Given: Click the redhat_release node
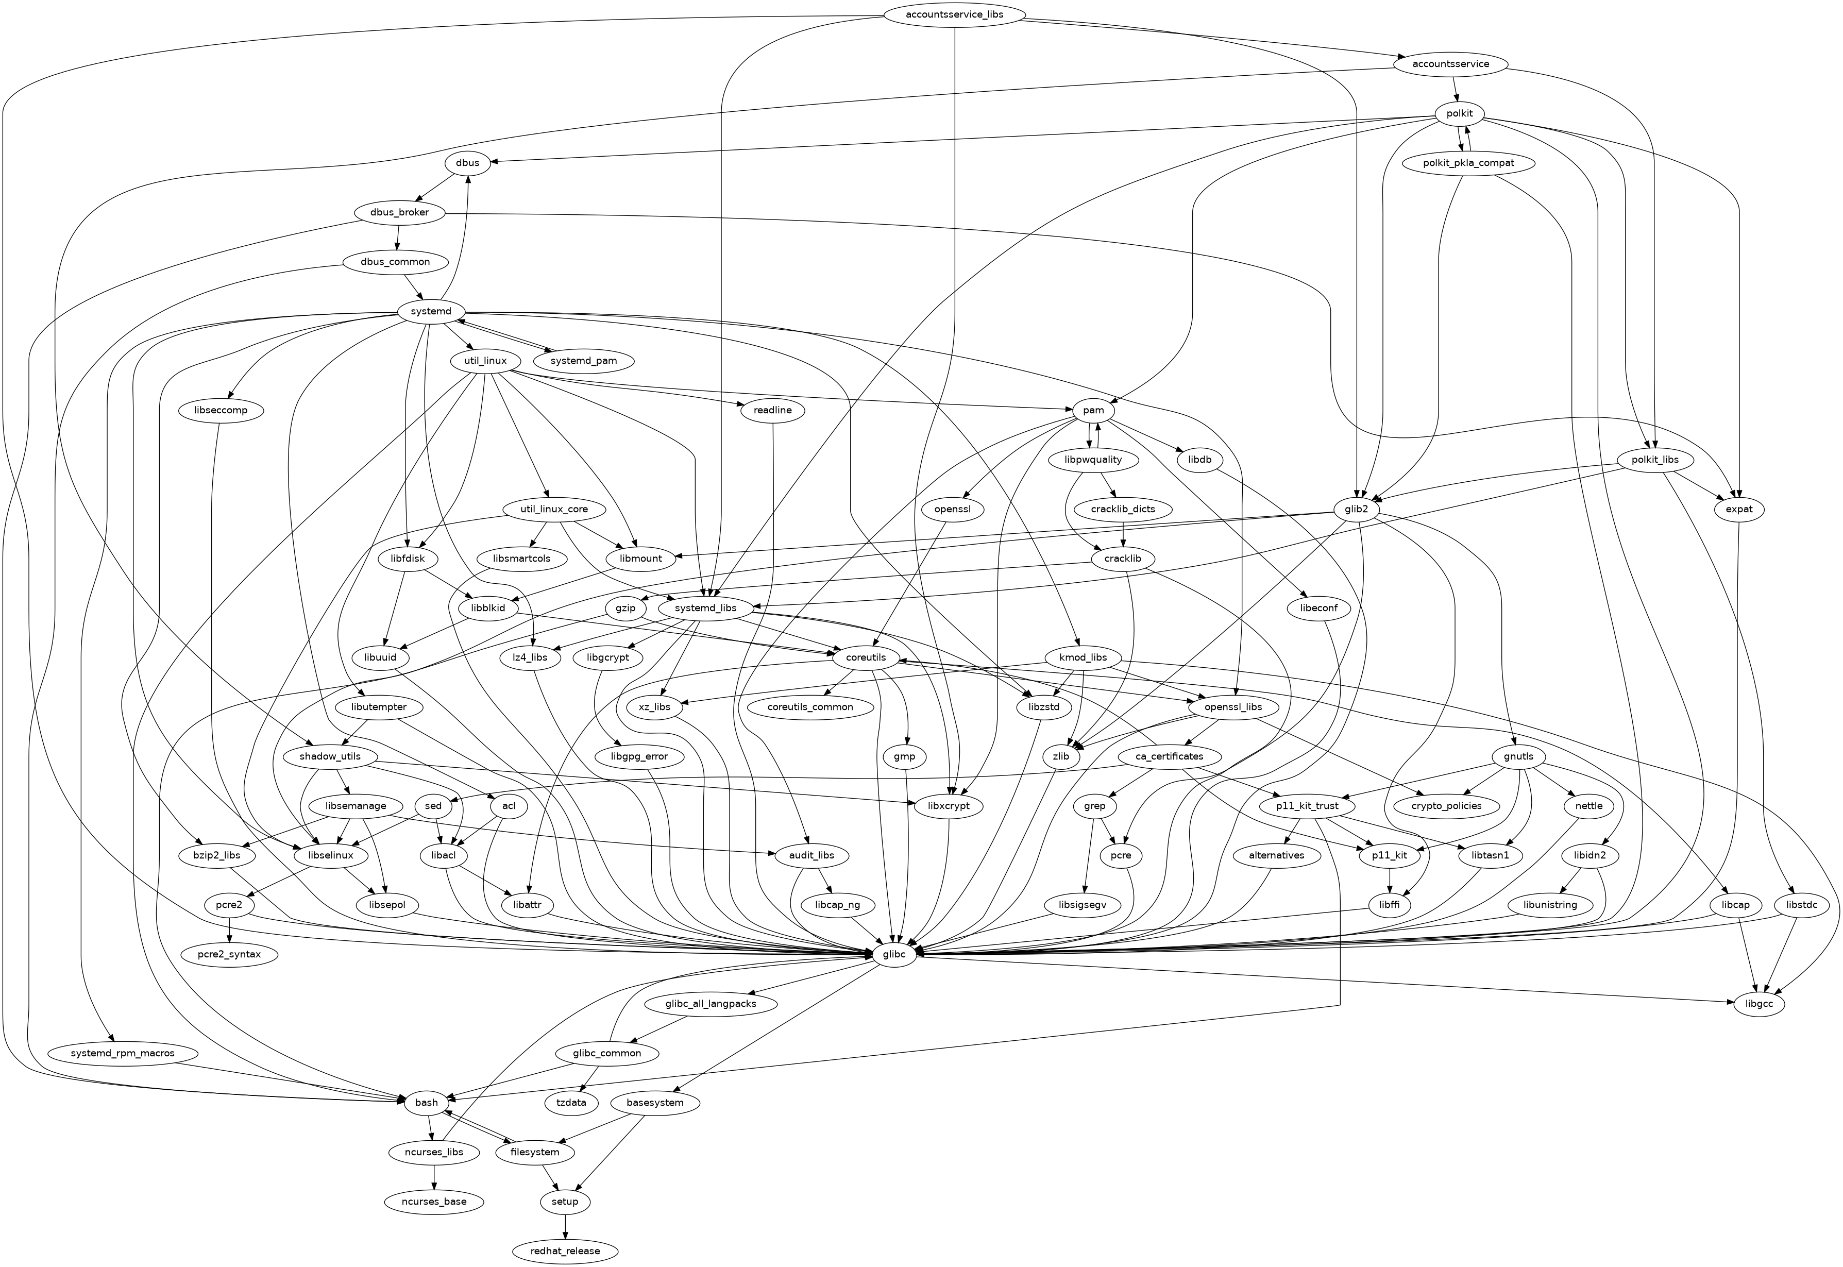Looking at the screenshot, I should point(565,1251).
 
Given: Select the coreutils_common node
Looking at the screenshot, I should point(810,706).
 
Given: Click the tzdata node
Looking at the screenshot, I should point(571,1103).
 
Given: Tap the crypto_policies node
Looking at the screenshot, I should point(1446,806).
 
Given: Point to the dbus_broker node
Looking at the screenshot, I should point(399,213).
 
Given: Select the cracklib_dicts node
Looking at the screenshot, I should point(1122,509).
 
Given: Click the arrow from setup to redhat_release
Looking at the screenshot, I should point(565,1226).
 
